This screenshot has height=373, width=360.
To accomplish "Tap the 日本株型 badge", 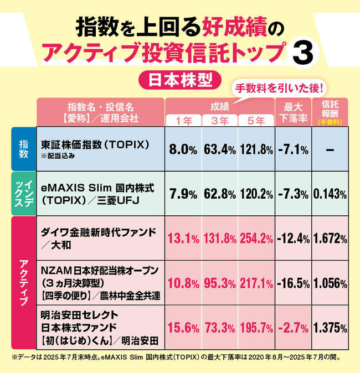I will pos(180,79).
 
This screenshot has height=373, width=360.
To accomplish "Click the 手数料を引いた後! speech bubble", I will pos(279,88).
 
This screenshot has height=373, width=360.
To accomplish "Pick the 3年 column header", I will pos(219,121).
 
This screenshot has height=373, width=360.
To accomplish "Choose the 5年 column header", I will pos(256,121).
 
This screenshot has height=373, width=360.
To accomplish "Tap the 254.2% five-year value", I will pos(256,239).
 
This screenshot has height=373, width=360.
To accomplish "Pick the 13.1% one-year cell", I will pos(183,239).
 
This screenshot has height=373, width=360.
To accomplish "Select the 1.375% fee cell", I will pos(330,327).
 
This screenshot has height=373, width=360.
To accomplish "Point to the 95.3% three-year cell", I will pos(220,283).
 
